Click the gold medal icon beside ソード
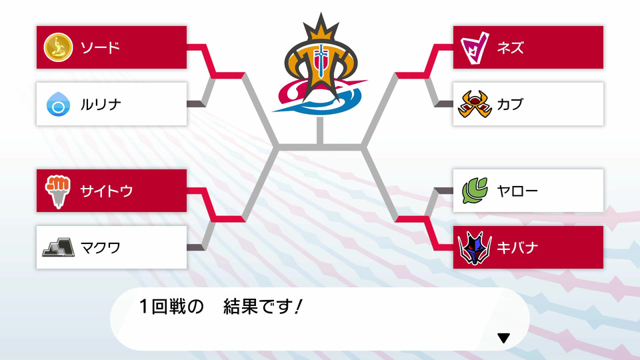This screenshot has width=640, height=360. tap(59, 47)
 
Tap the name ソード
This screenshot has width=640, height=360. tap(100, 48)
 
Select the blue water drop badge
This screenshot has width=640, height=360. tap(59, 104)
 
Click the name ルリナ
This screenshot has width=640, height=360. tap(101, 105)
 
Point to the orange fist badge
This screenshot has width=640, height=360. tap(58, 191)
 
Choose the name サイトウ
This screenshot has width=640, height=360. tap(107, 191)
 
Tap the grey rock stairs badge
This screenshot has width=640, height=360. tap(59, 247)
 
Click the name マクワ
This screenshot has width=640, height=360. tap(101, 248)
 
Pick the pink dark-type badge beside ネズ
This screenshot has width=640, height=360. tap(475, 48)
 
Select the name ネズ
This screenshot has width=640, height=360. tap(510, 48)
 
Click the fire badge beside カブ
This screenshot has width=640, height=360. tap(475, 104)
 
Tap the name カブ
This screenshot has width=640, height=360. tap(510, 104)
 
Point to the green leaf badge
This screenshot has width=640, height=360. tap(475, 191)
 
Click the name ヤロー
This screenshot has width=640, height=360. tap(517, 191)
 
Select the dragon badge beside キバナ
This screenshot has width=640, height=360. tap(475, 248)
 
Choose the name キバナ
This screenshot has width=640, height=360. tap(517, 248)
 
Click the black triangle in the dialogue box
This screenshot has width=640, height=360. tap(504, 338)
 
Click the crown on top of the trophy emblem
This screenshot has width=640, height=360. tap(321, 28)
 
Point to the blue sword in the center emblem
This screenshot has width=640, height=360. tap(321, 61)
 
